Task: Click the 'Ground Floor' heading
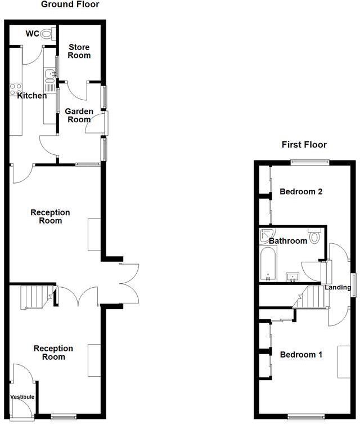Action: (x=70, y=5)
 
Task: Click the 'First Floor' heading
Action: (x=304, y=145)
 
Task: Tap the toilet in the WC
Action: (x=47, y=34)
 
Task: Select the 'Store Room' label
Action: (x=79, y=51)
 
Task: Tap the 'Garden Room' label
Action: (x=79, y=115)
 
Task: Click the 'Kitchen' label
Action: (x=32, y=96)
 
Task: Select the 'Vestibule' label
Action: (x=22, y=397)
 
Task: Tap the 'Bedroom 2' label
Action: (x=301, y=191)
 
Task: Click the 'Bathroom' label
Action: (x=288, y=241)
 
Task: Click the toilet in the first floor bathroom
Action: (x=314, y=235)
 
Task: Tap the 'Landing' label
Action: (x=338, y=288)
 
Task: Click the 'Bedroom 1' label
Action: (x=301, y=355)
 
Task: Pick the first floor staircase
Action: (x=312, y=297)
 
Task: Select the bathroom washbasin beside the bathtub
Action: (x=292, y=276)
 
